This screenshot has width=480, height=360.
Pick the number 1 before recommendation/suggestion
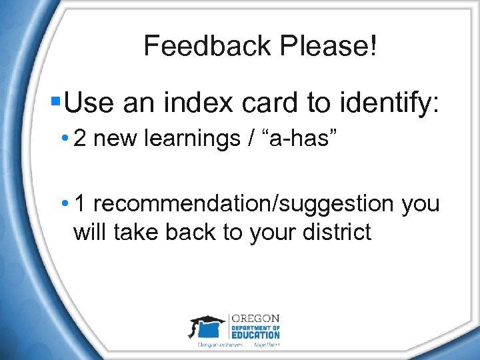point(80,203)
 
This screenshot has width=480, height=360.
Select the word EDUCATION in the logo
point(256,335)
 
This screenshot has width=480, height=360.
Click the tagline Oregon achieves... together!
point(239,345)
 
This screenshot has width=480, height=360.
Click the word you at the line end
point(421,205)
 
